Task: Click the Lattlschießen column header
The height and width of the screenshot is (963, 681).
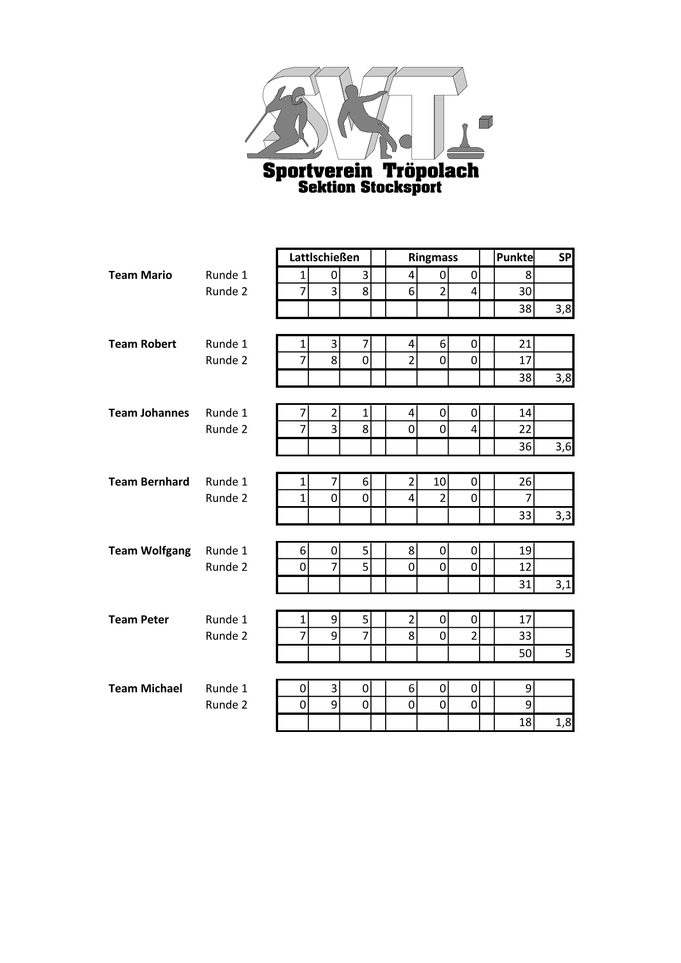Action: (x=324, y=257)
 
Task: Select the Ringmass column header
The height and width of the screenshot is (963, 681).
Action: (x=433, y=257)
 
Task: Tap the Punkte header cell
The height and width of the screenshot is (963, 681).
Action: (x=514, y=257)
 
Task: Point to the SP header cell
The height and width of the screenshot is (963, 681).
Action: (x=564, y=257)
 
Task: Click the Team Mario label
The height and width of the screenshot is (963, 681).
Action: (x=140, y=275)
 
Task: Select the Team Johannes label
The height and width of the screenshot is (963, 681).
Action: (x=149, y=413)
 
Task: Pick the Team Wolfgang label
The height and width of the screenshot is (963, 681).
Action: (x=149, y=551)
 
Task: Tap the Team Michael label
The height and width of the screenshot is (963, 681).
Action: (x=145, y=689)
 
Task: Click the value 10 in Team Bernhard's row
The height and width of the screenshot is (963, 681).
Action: (x=439, y=482)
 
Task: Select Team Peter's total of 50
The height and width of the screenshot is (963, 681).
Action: (x=525, y=653)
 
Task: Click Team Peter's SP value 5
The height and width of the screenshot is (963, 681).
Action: (x=567, y=653)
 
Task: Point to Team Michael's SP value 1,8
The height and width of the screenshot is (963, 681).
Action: (x=563, y=722)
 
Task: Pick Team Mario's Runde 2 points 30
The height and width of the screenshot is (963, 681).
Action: (x=525, y=292)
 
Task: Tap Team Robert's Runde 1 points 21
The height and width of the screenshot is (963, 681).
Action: (x=525, y=344)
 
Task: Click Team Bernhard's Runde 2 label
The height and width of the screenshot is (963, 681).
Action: (x=227, y=498)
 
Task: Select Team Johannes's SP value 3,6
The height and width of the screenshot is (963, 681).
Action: (x=563, y=447)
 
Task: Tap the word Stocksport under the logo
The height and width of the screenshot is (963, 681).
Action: (x=401, y=188)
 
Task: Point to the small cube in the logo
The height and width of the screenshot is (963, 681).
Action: (x=485, y=122)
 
